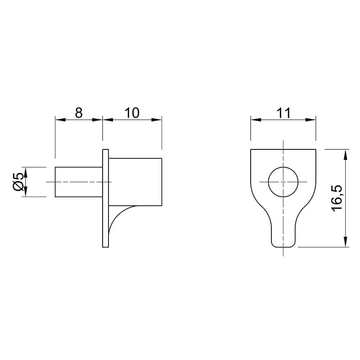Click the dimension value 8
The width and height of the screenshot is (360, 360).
tap(79, 113)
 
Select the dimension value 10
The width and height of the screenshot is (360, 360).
tap(132, 113)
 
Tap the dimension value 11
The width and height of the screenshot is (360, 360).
tap(283, 113)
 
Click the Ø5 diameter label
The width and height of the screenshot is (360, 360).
tap(18, 182)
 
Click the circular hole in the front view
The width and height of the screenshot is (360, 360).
tap(283, 182)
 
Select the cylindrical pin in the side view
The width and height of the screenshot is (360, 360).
tap(79, 182)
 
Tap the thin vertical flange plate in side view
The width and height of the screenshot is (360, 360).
tap(106, 198)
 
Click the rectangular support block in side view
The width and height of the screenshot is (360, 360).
tap(135, 182)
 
